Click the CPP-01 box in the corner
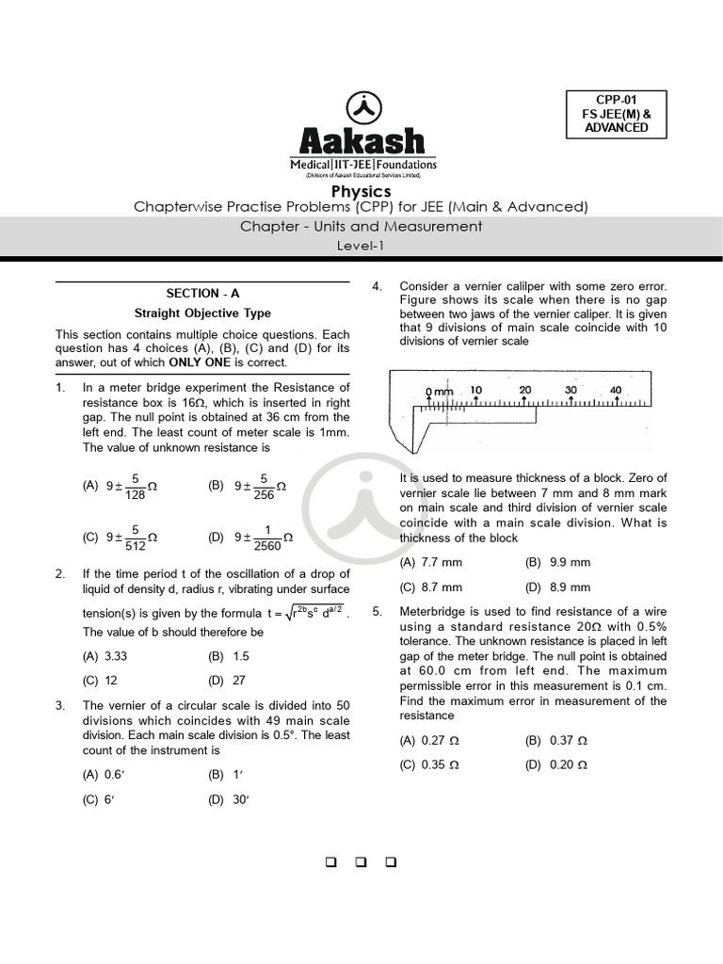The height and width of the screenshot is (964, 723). [616, 114]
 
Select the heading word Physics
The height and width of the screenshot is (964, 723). [361, 192]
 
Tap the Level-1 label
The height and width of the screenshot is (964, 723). [361, 246]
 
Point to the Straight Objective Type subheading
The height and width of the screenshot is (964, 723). [202, 313]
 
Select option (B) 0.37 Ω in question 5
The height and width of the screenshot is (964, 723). [556, 741]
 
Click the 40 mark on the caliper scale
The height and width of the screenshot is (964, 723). [616, 390]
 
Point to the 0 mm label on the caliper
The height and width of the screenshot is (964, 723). [439, 391]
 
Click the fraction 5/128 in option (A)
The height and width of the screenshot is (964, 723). [136, 486]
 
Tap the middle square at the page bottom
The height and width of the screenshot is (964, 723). [361, 862]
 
